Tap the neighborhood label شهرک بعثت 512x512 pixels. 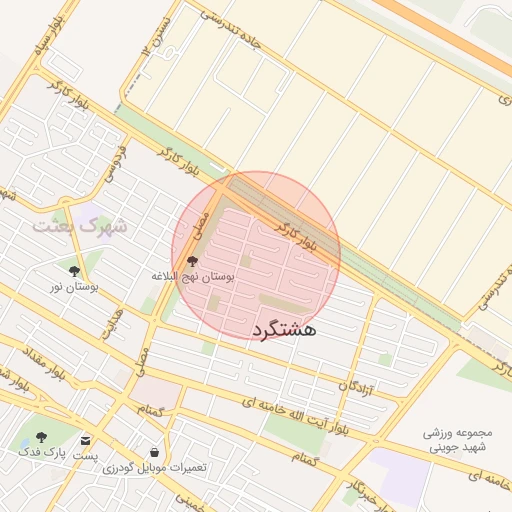80,225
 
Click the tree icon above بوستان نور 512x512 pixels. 75,270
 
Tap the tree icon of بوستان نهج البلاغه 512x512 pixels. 192,260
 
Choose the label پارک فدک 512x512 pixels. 37,453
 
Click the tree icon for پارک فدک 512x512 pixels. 41,437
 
